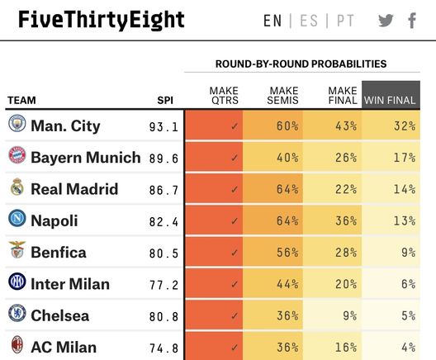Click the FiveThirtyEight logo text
pyautogui.click(x=101, y=20)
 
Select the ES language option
pyautogui.click(x=309, y=21)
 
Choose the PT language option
pyautogui.click(x=345, y=21)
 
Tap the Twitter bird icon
pyautogui.click(x=386, y=21)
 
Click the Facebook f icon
pyautogui.click(x=412, y=21)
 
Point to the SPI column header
pyautogui.click(x=165, y=101)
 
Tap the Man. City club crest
pyautogui.click(x=17, y=126)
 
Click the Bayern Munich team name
pyautogui.click(x=85, y=158)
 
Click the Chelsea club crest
pyautogui.click(x=17, y=315)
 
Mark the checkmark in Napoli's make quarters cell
pyautogui.click(x=235, y=221)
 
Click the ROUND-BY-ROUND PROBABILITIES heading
pyautogui.click(x=301, y=64)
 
